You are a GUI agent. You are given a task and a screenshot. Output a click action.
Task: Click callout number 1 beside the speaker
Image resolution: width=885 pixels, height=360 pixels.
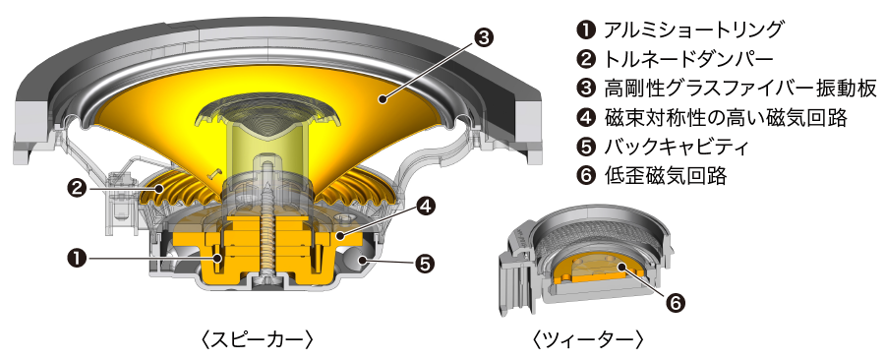click(x=76, y=258)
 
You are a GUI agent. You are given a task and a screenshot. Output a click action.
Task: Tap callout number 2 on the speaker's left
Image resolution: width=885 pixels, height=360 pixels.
click(x=76, y=185)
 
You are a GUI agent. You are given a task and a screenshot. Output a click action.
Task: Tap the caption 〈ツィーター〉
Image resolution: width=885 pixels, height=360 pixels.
click(x=587, y=339)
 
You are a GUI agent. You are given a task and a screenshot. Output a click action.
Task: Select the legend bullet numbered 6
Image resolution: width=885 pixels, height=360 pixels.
click(x=586, y=178)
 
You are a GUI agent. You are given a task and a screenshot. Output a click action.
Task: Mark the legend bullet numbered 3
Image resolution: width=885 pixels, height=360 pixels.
click(x=586, y=88)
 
